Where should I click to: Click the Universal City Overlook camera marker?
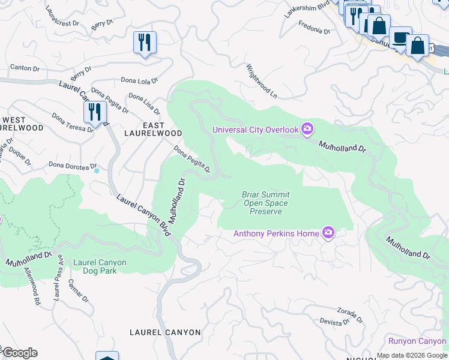(307, 129)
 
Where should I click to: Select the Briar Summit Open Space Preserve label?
(265, 203)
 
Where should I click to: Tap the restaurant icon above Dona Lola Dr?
(145, 43)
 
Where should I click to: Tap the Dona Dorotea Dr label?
(73, 165)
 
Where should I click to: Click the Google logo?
(19, 352)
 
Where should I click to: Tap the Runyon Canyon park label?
(417, 341)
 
